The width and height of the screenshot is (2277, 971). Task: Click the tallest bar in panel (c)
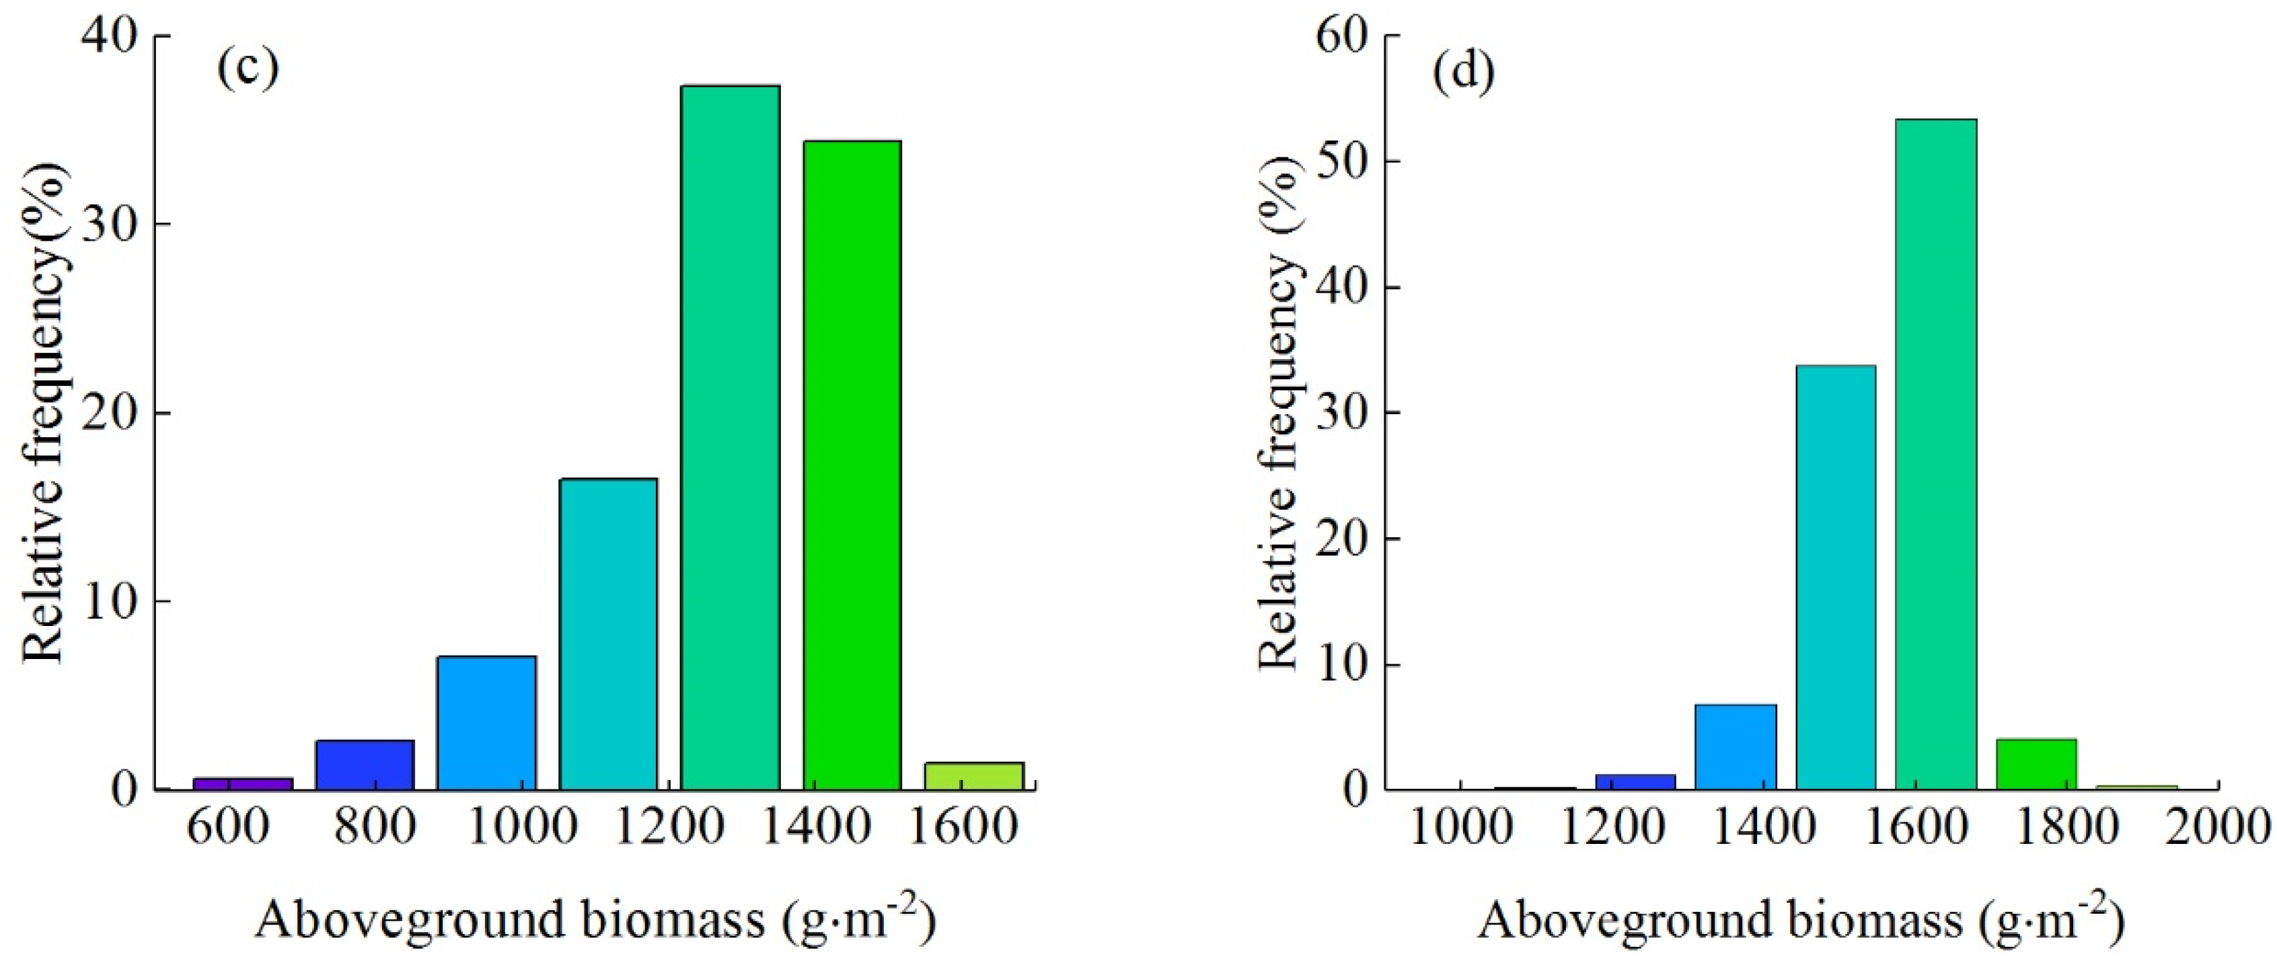(x=730, y=437)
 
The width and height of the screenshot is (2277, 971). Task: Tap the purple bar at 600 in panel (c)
(x=243, y=783)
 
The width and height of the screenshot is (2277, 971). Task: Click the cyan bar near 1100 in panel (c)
(x=608, y=633)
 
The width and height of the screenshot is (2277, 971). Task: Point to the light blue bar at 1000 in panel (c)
(x=487, y=722)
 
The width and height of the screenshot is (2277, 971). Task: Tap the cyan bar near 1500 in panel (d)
(x=1836, y=577)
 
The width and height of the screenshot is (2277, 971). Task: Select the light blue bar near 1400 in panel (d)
(x=1735, y=746)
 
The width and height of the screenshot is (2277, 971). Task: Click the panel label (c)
(x=248, y=68)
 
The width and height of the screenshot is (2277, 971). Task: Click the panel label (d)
(x=1464, y=71)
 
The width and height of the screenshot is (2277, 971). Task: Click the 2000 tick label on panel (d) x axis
(x=2218, y=828)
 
